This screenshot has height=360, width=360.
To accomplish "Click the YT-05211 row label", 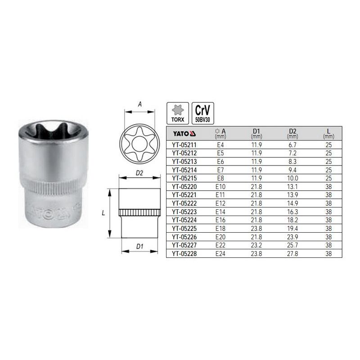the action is point(184,145).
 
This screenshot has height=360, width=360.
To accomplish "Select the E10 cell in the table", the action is point(220,187).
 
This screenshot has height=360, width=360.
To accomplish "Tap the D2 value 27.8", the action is point(292,254).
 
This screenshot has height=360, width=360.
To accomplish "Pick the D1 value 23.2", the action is point(256,245).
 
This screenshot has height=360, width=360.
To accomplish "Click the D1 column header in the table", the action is point(256,133).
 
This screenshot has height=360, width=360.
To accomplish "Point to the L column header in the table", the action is point(328,133).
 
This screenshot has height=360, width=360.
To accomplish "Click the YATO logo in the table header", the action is point(184,134).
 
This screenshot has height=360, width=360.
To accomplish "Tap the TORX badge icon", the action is point(178,113).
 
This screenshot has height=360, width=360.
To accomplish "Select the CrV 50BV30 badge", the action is point(203,113).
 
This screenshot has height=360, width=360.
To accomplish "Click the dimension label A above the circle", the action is point(140,104).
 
